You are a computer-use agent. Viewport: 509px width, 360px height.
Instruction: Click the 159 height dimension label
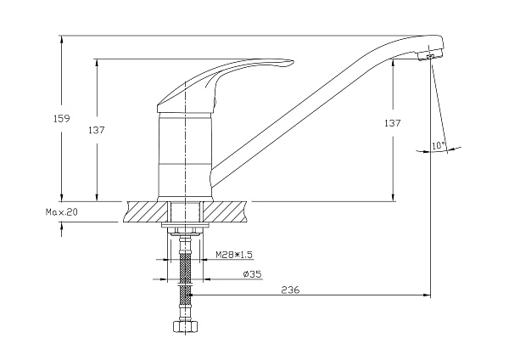click(62, 118)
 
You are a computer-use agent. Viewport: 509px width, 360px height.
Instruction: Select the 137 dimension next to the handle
click(97, 130)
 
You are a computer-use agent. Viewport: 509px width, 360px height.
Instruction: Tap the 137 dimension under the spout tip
click(393, 123)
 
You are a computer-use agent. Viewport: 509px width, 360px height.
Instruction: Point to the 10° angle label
click(439, 145)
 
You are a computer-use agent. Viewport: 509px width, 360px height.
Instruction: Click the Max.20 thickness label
click(62, 212)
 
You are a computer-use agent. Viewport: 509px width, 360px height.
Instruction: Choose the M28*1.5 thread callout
click(234, 255)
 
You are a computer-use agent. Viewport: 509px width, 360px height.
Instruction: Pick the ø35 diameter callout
click(252, 274)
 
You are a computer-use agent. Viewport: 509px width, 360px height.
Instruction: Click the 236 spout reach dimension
click(290, 290)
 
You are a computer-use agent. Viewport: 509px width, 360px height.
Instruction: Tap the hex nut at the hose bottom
click(185, 327)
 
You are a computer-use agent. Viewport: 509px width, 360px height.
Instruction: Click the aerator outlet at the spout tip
click(430, 56)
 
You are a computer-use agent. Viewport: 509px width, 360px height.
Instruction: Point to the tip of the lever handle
click(294, 62)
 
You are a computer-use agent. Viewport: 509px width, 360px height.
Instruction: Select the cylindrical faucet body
click(185, 155)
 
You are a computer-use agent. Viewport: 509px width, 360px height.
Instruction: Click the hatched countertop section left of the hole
click(147, 212)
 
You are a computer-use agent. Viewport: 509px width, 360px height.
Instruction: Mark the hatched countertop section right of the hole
click(225, 212)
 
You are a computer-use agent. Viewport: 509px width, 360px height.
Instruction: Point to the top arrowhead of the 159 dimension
click(61, 39)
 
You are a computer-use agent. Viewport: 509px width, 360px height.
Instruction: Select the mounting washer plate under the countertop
click(185, 225)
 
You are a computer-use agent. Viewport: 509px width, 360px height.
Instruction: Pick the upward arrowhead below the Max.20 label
click(61, 226)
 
